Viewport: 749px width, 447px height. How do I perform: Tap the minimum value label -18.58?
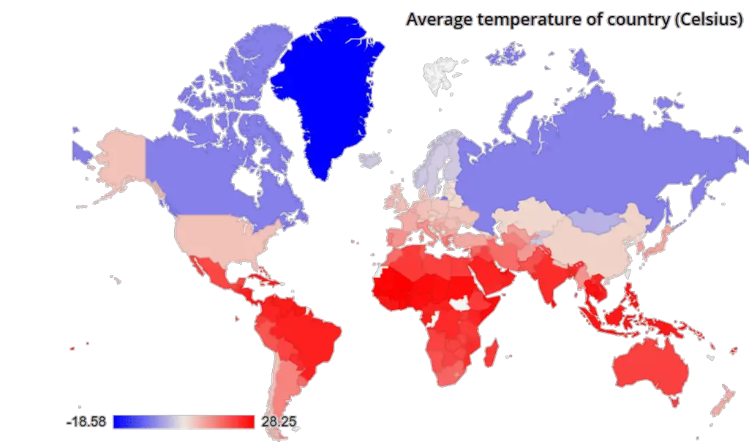tap(87, 422)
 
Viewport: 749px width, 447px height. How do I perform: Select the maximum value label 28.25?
tap(277, 422)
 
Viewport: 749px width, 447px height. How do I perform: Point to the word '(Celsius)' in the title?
tap(707, 20)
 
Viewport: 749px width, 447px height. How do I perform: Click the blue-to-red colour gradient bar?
tap(183, 422)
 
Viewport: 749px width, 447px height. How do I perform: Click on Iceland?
tap(372, 159)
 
